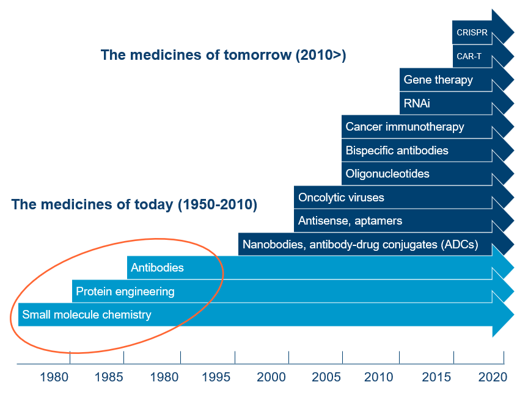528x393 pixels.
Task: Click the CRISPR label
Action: tap(472, 33)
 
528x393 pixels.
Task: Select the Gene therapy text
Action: tap(438, 80)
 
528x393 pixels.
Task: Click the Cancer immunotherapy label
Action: tap(405, 127)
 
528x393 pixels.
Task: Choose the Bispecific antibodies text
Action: tap(397, 150)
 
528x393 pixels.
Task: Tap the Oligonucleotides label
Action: tap(387, 174)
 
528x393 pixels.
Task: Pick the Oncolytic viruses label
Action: tap(341, 198)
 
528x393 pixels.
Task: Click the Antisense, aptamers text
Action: tap(350, 221)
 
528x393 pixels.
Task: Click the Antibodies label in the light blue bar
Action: tap(157, 268)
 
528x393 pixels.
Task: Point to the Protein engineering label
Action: tap(125, 292)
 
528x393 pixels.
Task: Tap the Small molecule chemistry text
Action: tap(86, 315)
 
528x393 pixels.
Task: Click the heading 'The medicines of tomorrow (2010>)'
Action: tap(224, 56)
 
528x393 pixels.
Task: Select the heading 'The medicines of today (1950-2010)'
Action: tap(134, 204)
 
